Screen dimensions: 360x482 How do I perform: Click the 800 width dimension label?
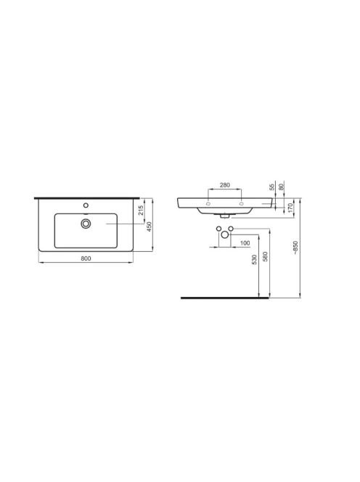[x=86, y=258]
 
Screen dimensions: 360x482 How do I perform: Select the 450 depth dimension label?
[x=150, y=226]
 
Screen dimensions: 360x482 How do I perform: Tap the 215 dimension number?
[x=141, y=211]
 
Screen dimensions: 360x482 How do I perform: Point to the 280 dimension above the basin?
[x=225, y=185]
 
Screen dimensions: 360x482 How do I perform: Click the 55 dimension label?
[x=271, y=187]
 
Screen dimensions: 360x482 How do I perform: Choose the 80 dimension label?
[x=281, y=186]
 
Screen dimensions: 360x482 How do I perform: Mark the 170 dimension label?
[x=290, y=208]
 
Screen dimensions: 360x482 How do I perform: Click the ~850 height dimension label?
[x=295, y=248]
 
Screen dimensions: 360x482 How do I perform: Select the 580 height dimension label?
[x=266, y=257]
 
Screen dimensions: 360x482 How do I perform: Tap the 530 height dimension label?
[x=254, y=260]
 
